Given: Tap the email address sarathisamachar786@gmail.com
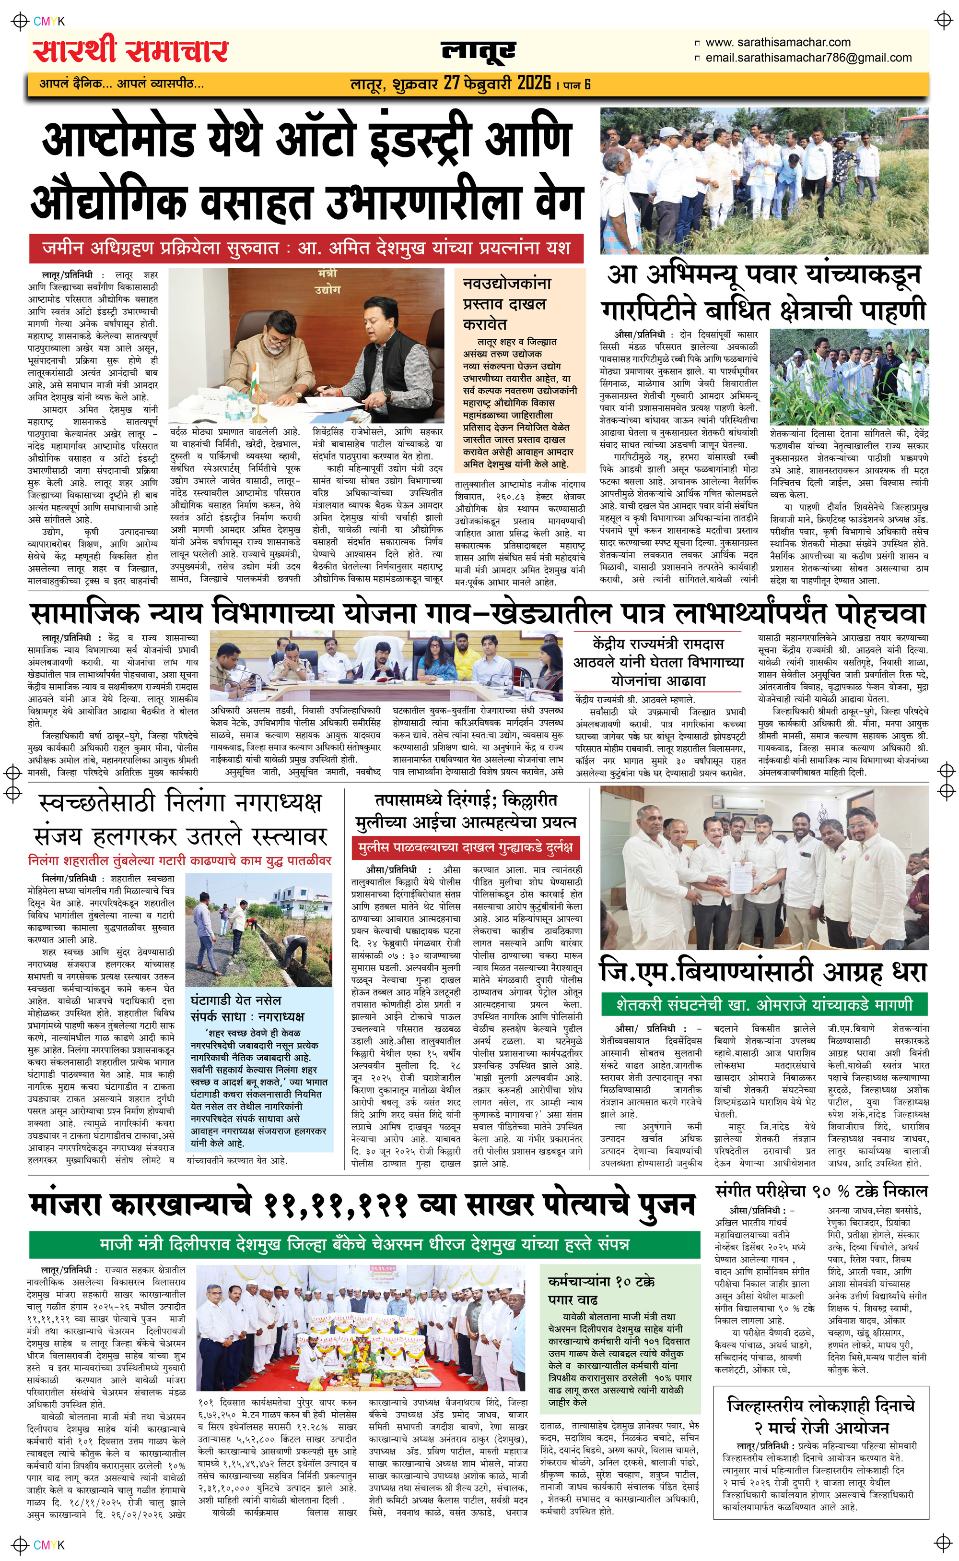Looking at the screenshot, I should tap(809, 58).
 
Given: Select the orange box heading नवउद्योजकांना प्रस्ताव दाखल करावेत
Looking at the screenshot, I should tap(507, 303).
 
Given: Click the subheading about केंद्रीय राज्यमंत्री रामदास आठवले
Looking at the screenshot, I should tap(658, 662).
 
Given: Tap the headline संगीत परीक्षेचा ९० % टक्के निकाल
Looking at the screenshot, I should tap(821, 1191).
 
